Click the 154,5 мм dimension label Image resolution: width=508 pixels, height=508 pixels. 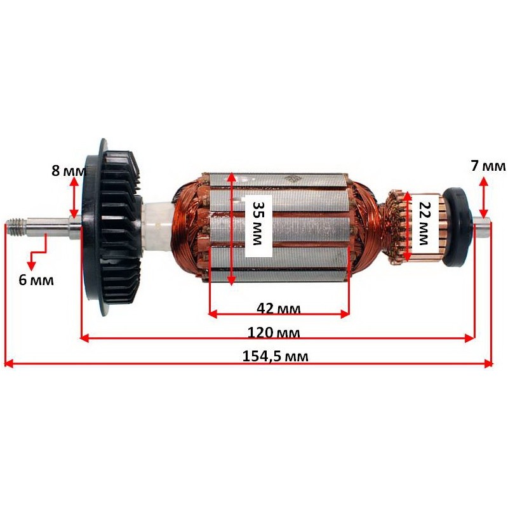click(x=275, y=356)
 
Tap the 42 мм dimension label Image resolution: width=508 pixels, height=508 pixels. click(x=278, y=309)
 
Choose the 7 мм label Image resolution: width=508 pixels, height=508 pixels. click(x=488, y=166)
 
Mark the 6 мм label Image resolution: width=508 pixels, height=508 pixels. click(x=36, y=279)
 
